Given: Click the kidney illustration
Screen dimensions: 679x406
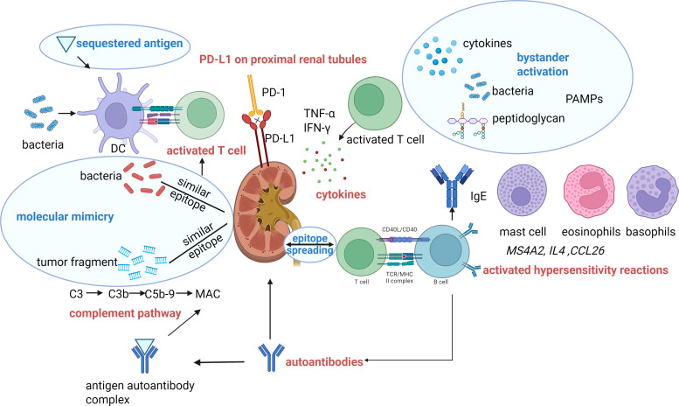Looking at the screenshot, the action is [263, 213].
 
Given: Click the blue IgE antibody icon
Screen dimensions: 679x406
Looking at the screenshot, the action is [452, 186].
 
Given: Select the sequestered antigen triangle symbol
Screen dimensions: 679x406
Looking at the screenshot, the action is [66, 45].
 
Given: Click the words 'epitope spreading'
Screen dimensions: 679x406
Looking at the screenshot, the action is [309, 244].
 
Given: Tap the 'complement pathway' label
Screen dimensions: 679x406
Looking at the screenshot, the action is [125, 313].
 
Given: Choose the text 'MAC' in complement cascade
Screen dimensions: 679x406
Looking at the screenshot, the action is [208, 294].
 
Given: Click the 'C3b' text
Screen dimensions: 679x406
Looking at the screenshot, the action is [118, 294].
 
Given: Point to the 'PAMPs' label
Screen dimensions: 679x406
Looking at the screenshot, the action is [584, 99].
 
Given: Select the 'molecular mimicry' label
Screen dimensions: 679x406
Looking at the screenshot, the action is [65, 216].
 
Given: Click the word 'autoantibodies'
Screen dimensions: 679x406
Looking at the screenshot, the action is [324, 361].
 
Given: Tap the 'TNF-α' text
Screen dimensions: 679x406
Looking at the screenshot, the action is [320, 114].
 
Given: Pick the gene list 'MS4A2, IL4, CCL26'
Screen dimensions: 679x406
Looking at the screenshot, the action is [555, 250].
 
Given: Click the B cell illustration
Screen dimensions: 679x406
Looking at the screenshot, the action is [442, 251].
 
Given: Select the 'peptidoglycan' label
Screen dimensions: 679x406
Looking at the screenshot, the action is [529, 118].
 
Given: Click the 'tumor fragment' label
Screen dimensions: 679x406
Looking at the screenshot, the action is [77, 262].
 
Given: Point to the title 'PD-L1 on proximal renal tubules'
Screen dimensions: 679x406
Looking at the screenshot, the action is [283, 59].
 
